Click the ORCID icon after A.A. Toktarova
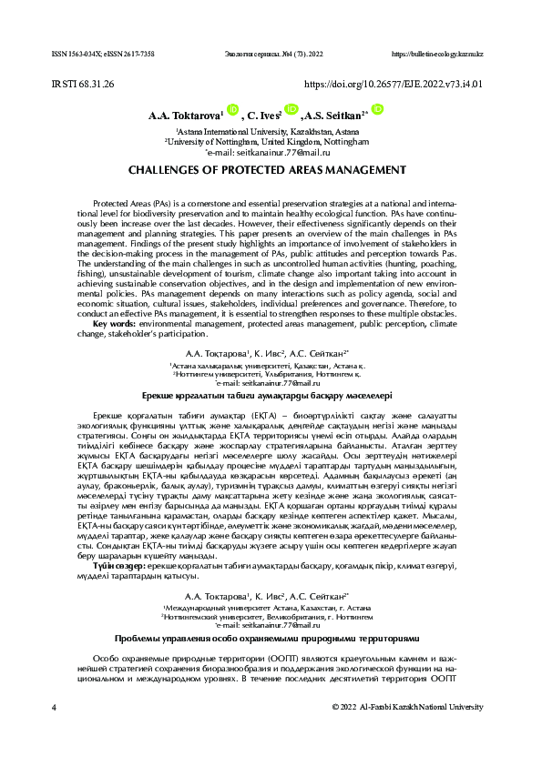(231, 111)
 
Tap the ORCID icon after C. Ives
(292, 111)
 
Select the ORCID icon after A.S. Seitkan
(377, 111)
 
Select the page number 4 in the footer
(55, 706)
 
